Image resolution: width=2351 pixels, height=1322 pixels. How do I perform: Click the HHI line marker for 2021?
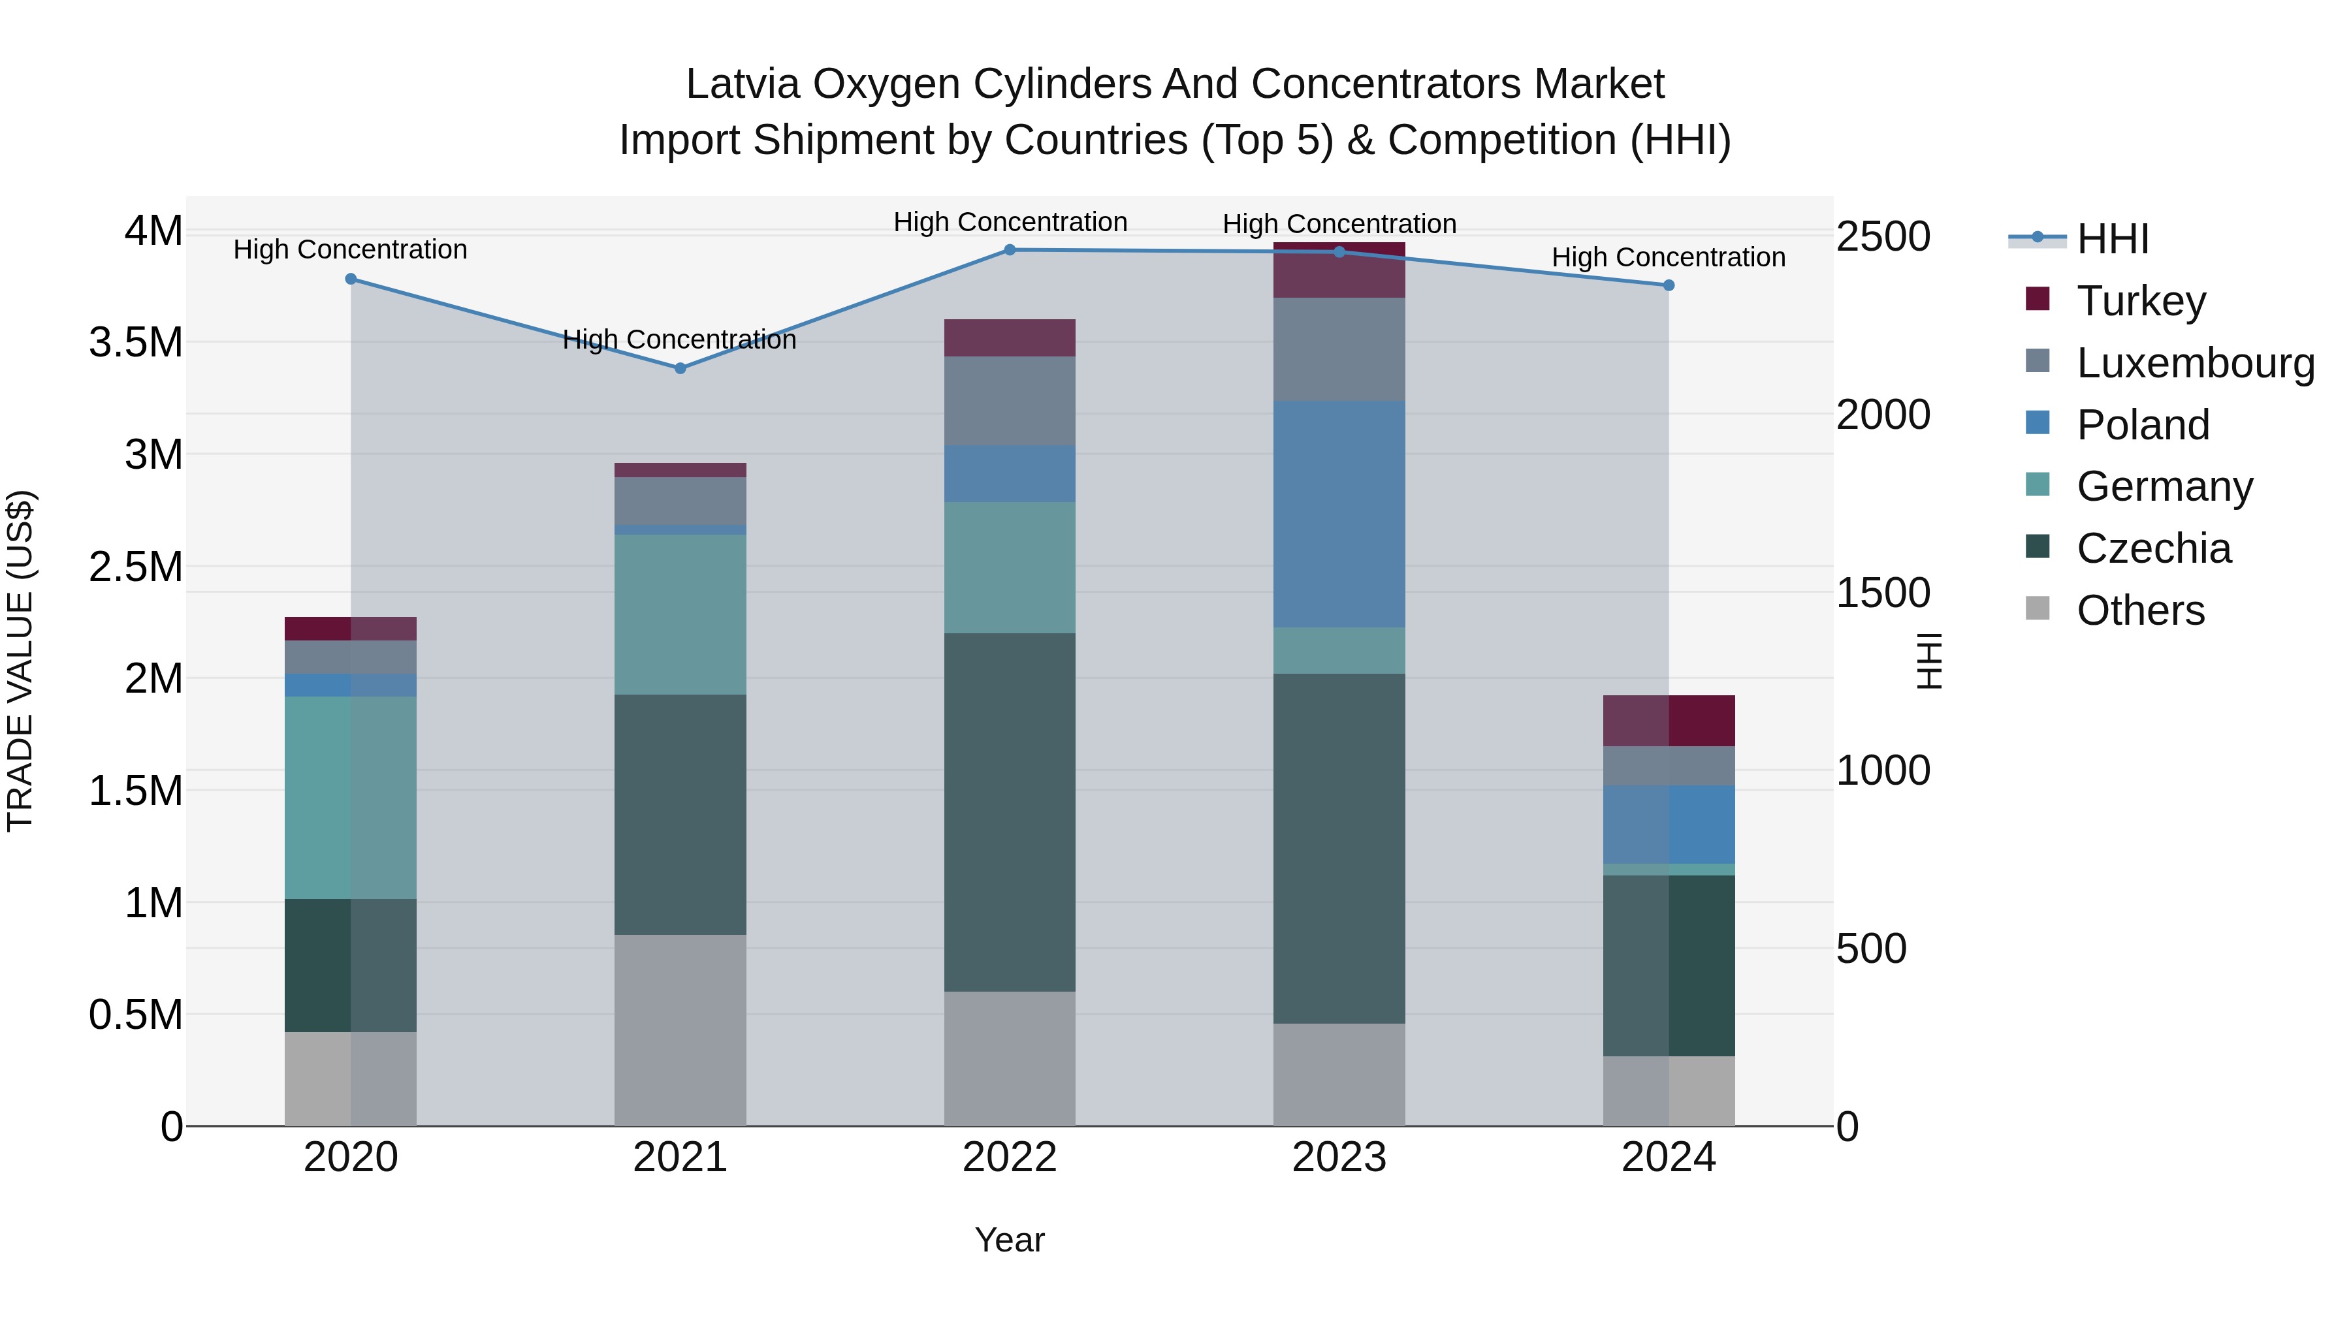tap(680, 369)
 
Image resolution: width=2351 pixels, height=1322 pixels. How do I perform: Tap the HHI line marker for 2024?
tap(1669, 285)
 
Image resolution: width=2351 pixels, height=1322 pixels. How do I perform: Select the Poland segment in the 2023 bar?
tap(1339, 514)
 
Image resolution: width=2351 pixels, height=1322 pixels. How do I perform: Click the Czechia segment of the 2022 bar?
tap(1010, 812)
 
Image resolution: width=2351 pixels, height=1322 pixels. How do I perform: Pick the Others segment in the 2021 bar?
tap(680, 1030)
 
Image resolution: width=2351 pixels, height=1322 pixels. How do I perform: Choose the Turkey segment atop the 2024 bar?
tap(1669, 721)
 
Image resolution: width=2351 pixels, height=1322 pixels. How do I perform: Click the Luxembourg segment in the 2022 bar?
tap(1010, 401)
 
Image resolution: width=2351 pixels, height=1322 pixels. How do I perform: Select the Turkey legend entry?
tap(2140, 301)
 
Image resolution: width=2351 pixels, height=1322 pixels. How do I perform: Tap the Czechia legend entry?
tap(2153, 548)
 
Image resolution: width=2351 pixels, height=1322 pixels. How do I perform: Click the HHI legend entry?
tap(2112, 239)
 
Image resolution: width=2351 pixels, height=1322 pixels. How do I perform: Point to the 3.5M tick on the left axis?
tap(136, 343)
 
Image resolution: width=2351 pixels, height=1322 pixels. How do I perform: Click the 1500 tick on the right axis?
tap(1883, 593)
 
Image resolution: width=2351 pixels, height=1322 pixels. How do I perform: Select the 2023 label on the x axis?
tap(1339, 1157)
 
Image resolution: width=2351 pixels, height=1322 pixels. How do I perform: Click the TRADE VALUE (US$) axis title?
tap(20, 661)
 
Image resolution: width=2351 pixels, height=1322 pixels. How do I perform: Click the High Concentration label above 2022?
tap(1010, 222)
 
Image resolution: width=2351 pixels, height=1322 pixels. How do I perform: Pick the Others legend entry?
tap(2140, 610)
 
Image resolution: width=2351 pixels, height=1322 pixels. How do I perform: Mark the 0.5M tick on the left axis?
tap(136, 1015)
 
